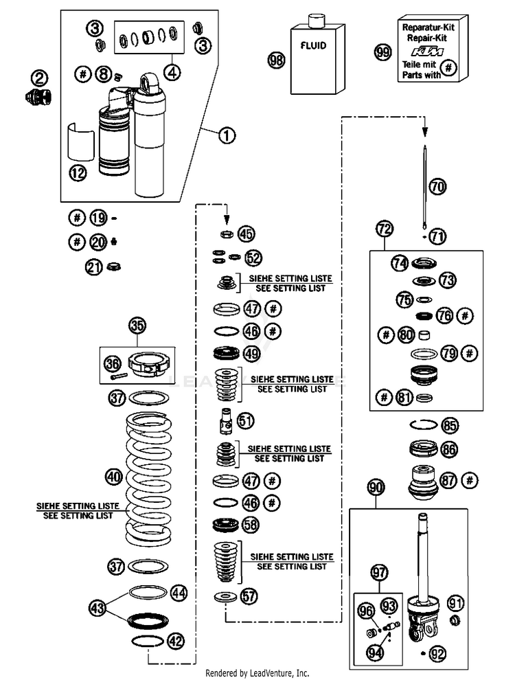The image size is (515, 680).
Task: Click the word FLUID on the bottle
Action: [313, 45]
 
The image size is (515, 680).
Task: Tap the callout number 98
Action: [277, 59]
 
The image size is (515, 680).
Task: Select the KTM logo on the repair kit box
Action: [427, 52]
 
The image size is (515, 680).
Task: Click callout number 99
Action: [382, 52]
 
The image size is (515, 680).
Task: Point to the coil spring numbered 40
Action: [148, 478]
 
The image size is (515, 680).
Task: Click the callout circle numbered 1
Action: [227, 136]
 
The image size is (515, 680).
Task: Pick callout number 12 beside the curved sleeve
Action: [78, 174]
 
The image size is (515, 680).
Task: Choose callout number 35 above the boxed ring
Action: [137, 326]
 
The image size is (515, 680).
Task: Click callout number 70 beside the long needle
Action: [437, 186]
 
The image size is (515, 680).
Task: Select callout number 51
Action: [246, 420]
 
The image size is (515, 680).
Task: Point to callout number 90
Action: [376, 488]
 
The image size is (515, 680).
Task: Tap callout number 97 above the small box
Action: [379, 572]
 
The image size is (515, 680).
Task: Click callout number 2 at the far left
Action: [39, 78]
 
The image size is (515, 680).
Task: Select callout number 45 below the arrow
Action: [247, 234]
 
